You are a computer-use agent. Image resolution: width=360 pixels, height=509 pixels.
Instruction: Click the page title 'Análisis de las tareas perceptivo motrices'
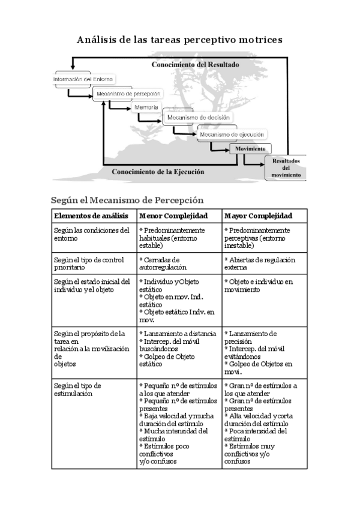pyautogui.click(x=179, y=40)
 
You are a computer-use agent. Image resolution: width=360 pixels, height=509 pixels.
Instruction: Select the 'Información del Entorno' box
pyautogui.click(x=83, y=79)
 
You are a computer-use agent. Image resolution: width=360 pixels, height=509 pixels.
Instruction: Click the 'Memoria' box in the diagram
pyautogui.click(x=146, y=107)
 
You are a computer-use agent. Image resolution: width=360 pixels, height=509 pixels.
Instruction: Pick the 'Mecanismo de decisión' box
pyautogui.click(x=199, y=118)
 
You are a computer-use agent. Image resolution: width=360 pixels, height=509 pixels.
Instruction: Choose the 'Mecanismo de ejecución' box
pyautogui.click(x=233, y=135)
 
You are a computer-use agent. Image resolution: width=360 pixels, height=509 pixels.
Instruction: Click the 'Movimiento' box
pyautogui.click(x=251, y=148)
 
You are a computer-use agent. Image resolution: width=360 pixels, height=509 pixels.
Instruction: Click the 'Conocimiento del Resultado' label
pyautogui.click(x=195, y=64)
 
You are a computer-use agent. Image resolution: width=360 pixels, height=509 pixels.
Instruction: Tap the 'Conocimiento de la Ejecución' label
pyautogui.click(x=158, y=172)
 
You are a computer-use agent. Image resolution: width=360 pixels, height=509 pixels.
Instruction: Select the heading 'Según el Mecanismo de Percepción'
pyautogui.click(x=127, y=200)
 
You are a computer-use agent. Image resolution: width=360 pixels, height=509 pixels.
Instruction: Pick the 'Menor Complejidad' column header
pyautogui.click(x=173, y=216)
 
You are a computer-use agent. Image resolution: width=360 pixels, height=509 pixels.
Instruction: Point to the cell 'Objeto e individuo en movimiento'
pyautogui.click(x=259, y=285)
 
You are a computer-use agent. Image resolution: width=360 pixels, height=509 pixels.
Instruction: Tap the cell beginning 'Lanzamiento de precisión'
pyautogui.click(x=258, y=348)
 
